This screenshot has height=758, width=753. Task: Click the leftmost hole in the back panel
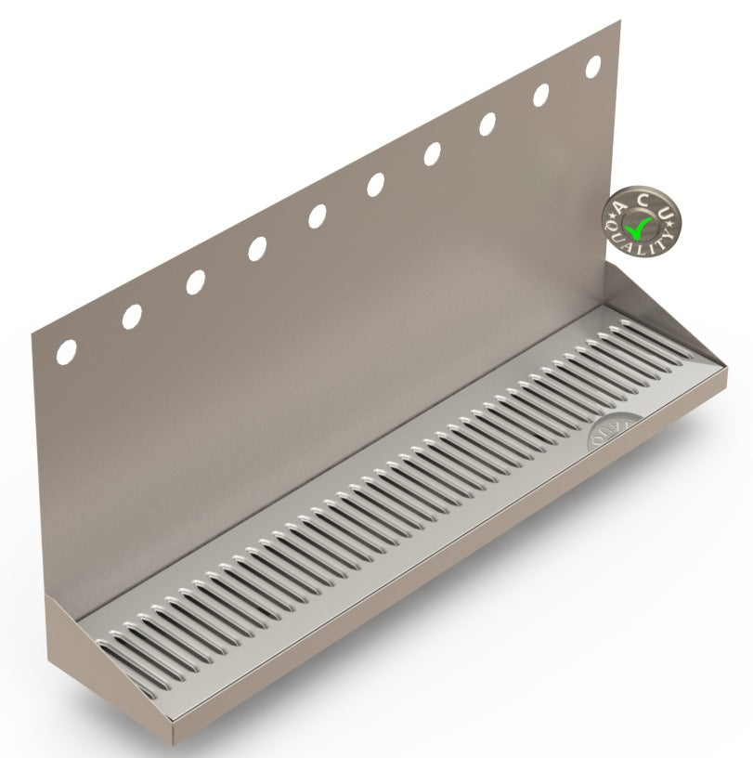pos(67,351)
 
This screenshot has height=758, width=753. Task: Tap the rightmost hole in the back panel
pos(593,67)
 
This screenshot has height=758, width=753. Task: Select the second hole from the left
pos(132,317)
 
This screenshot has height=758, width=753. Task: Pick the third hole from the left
pos(195,282)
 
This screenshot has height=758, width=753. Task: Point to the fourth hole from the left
pos(257,249)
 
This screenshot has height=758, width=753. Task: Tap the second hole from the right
pos(541,96)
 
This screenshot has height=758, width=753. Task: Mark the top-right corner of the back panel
pos(620,21)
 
